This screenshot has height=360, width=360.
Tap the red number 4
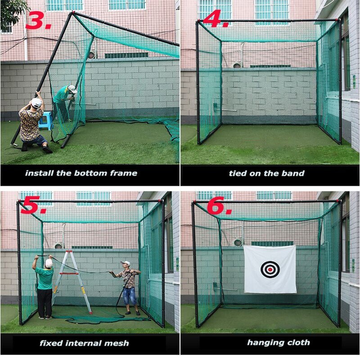click(215, 19)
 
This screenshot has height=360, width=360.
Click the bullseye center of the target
click(270, 270)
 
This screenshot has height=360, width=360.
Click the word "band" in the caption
click(293, 173)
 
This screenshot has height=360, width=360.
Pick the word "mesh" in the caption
click(118, 343)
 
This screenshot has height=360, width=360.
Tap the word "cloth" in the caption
click(297, 342)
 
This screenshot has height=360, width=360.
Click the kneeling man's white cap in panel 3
click(36, 103)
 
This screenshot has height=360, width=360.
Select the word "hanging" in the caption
click(263, 343)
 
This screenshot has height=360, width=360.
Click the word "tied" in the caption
click(237, 173)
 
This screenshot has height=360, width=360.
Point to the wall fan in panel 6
click(238, 242)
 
